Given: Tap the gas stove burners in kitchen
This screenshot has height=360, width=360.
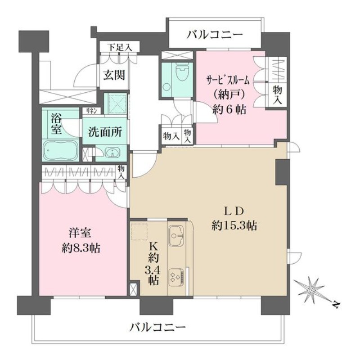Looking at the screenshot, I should click(x=176, y=277).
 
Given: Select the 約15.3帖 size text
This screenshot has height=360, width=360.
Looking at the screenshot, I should click(x=234, y=226).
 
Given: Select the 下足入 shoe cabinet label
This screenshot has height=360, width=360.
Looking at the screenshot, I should click(x=119, y=47).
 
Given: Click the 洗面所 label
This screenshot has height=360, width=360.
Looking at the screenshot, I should click(x=103, y=133).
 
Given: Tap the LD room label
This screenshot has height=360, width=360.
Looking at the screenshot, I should click(x=234, y=211).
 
